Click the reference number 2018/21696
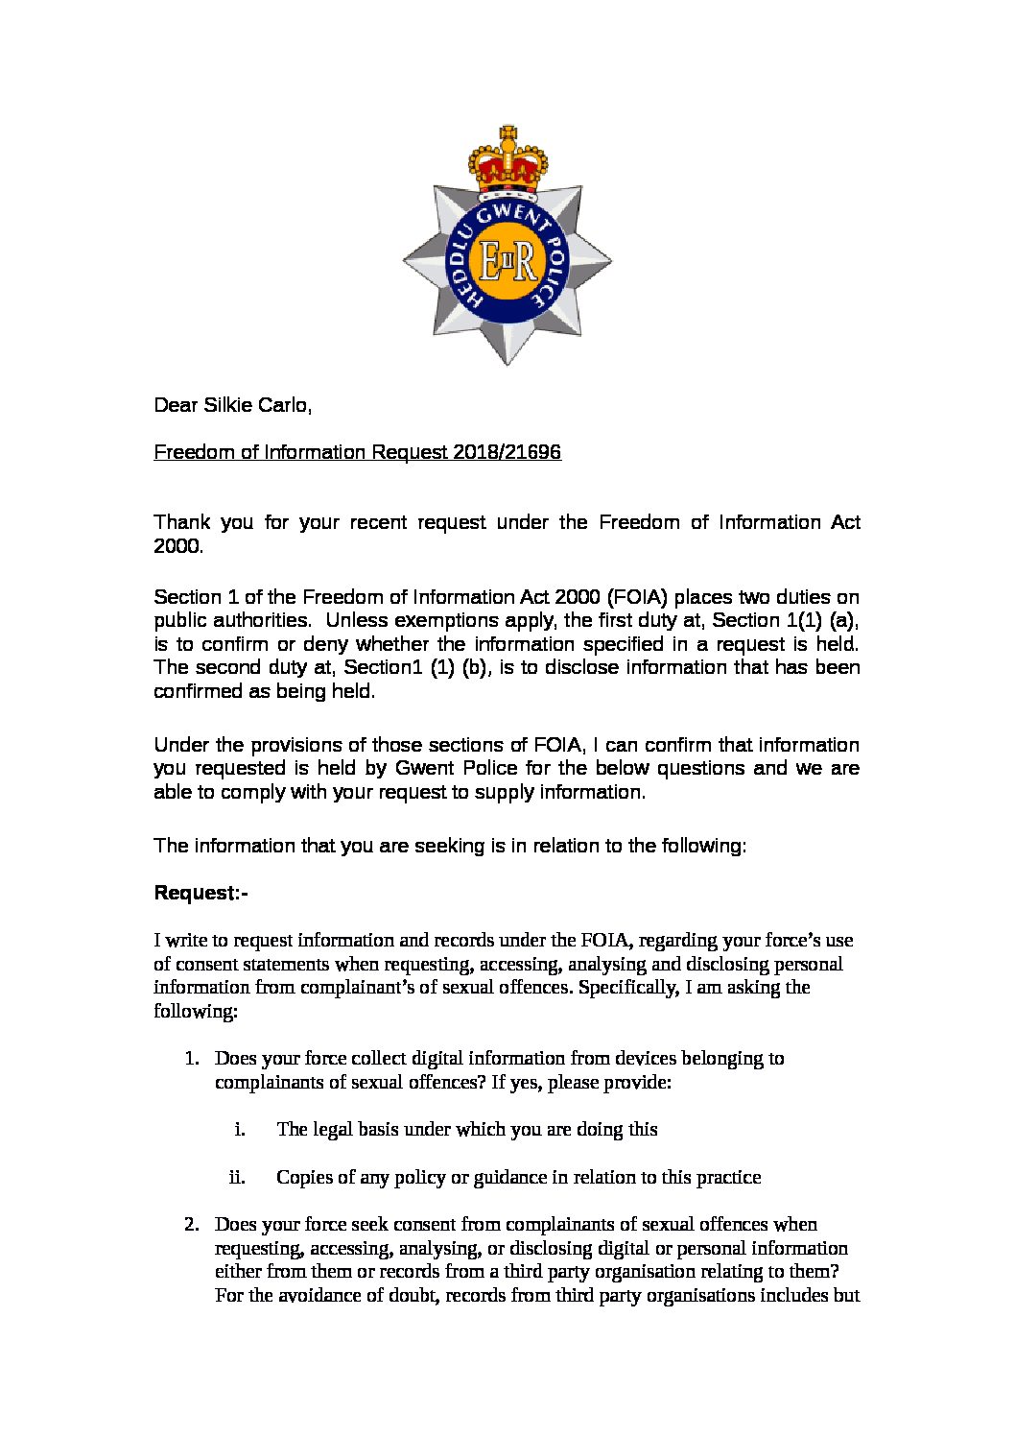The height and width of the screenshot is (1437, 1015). coord(505,452)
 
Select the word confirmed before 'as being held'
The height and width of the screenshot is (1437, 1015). coord(199,691)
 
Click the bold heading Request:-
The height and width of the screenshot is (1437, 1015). coord(201,894)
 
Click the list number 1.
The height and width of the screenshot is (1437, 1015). coord(192,1059)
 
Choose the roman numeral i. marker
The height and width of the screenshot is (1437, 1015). coord(240,1130)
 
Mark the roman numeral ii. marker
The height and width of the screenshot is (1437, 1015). coord(237,1178)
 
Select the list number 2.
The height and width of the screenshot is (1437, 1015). coord(192,1225)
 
